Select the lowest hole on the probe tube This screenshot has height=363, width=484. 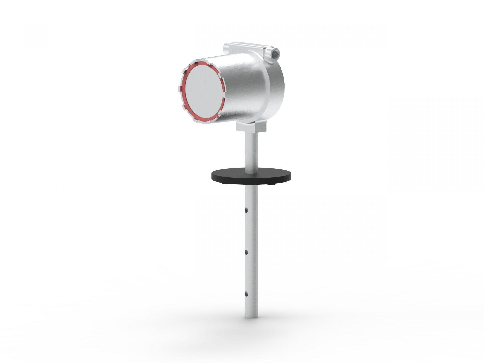click(x=246, y=294)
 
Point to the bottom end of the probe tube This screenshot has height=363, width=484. click(x=251, y=317)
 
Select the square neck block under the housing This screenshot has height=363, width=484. click(x=251, y=127)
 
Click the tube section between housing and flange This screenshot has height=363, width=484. click(x=251, y=151)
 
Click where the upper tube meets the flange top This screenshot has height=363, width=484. click(x=251, y=173)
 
